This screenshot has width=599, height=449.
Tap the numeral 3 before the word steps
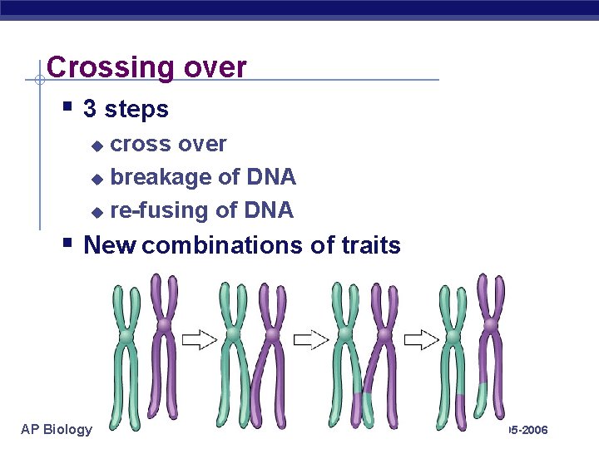(91, 109)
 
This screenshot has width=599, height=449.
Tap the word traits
(371, 245)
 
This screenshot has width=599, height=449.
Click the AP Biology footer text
(57, 429)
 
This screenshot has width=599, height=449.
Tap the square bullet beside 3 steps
(68, 106)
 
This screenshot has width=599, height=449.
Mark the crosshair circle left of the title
(39, 81)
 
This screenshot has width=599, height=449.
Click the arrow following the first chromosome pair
(200, 338)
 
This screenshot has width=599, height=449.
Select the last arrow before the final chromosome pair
(422, 338)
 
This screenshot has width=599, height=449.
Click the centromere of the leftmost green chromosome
(126, 335)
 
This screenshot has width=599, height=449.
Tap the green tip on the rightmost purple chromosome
(486, 392)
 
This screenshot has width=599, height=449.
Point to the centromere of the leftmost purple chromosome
(164, 323)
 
